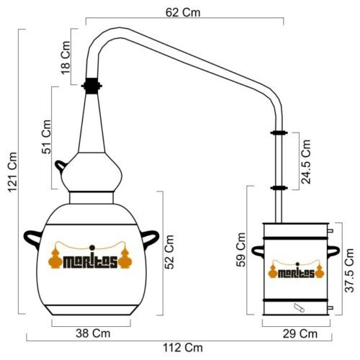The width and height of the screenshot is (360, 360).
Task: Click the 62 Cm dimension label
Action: [x=183, y=12]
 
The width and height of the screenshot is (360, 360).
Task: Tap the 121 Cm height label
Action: [x=12, y=172]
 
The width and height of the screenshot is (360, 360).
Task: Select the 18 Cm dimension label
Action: [x=66, y=58]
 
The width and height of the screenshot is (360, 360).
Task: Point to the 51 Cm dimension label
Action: [x=46, y=137]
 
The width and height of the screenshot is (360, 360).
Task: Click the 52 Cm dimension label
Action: [x=169, y=252]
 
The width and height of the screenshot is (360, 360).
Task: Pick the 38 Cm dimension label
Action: [x=93, y=333]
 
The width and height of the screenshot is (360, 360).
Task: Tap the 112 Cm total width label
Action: [x=183, y=348]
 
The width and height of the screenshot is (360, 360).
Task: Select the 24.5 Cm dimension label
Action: [x=306, y=162]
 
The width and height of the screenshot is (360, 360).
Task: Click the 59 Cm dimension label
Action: [x=241, y=250]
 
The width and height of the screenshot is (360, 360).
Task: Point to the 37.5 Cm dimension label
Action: [x=349, y=270]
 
